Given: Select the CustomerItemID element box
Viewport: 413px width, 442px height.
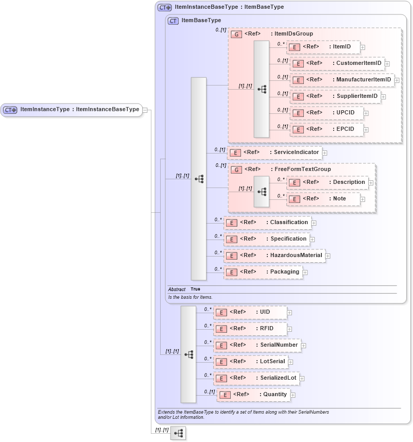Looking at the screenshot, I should [337, 63].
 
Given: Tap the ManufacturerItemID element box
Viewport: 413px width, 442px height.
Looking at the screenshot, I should [342, 80].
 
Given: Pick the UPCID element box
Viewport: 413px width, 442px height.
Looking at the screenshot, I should [326, 113].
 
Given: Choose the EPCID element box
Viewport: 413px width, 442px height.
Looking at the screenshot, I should [326, 129].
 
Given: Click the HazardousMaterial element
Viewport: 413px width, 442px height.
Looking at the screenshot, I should [274, 255].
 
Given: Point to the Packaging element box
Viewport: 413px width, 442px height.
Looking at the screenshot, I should [263, 271].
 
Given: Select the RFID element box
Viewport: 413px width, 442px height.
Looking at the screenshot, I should [250, 328].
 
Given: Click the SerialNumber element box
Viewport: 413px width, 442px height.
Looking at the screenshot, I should [257, 345].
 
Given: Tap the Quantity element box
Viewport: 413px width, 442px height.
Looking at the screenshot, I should [253, 395].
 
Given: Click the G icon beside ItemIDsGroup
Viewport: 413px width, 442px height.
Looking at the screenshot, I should [236, 35].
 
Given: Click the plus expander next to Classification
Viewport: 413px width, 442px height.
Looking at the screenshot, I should [314, 223].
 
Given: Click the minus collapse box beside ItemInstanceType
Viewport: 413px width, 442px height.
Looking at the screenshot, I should [146, 110].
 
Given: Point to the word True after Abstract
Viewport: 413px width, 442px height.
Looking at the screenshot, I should [195, 290].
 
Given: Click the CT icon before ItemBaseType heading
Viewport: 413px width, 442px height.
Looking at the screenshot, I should [174, 21].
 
